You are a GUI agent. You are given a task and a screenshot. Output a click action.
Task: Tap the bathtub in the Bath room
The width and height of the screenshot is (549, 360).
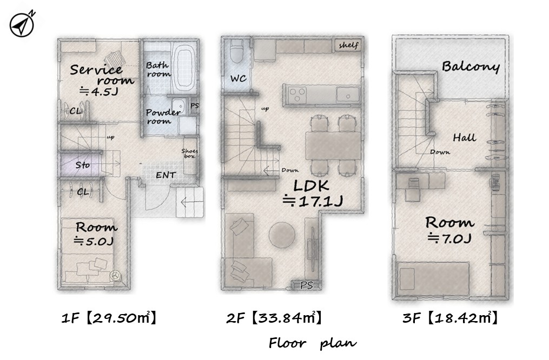coord(184,69)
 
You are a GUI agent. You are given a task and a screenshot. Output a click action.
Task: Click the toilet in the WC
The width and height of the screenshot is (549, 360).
coord(237,51)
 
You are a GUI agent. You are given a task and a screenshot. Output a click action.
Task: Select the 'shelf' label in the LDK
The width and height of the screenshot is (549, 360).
coord(348,45)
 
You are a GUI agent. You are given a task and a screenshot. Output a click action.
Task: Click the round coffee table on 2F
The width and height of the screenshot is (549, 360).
coord(282,235)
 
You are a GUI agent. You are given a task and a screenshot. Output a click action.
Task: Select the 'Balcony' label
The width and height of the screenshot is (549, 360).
coord(471,66)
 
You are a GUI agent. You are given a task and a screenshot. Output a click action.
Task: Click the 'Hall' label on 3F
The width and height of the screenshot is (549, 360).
coord(464,137)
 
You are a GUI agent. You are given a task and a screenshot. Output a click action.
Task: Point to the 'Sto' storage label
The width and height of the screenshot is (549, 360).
coord(83,165)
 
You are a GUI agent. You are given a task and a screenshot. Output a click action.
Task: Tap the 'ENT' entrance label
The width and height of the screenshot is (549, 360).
coord(166,175)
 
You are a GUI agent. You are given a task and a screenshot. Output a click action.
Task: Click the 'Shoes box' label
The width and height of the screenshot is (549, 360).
coord(189,154)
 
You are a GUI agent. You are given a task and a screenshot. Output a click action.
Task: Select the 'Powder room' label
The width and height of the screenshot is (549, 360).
coord(163,117)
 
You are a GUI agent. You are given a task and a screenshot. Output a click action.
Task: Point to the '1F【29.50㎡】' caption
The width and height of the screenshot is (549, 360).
coord(109,318)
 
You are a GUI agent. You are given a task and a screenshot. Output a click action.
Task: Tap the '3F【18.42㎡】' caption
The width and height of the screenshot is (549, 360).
coord(450,318)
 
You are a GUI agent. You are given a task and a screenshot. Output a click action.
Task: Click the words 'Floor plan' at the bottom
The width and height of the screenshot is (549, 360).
coord(313,343)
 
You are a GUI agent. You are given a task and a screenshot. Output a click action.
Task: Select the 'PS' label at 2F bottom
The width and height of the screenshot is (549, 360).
coord(306,285)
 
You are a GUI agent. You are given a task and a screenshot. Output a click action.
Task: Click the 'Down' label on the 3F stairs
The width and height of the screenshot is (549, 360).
coord(440,152)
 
